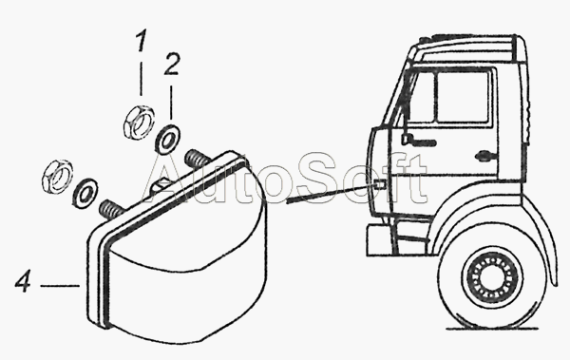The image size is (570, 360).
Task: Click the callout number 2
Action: click(x=172, y=65)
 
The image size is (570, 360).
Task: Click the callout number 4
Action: click(x=23, y=281)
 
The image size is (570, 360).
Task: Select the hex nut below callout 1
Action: click(x=138, y=122)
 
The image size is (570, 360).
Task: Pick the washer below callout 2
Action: click(x=167, y=139)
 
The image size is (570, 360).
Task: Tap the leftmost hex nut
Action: click(x=57, y=176)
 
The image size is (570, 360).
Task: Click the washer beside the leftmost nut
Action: click(x=85, y=193)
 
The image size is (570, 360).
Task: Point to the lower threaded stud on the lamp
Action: click(x=110, y=211)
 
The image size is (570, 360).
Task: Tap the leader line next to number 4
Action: click(x=60, y=286)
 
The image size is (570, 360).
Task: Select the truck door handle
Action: click(x=486, y=156)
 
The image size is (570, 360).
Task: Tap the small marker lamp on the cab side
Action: click(x=379, y=184)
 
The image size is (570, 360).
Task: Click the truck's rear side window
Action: click(x=463, y=98)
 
